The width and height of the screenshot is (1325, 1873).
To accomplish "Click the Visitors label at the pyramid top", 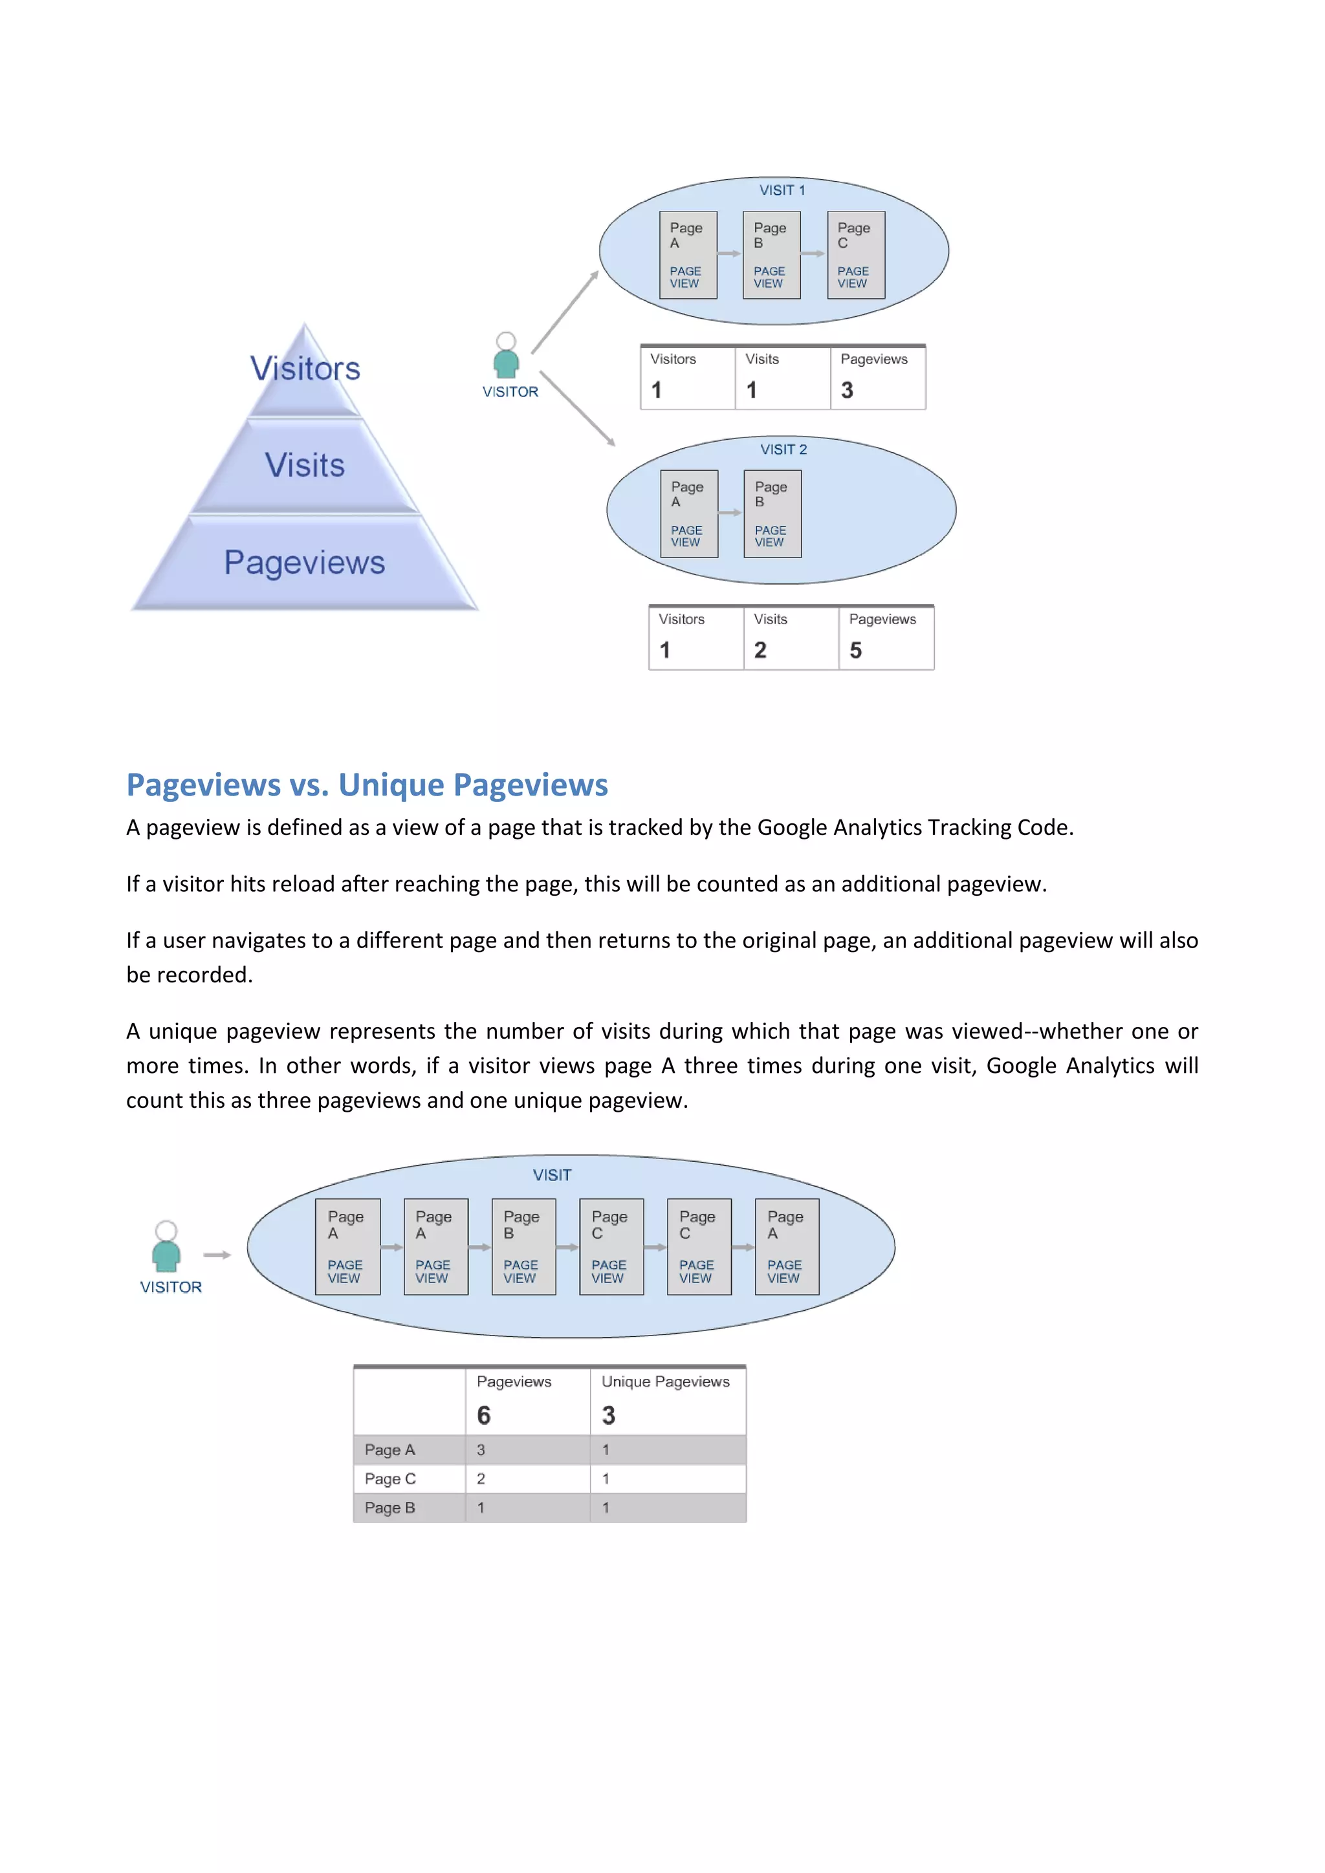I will pos(305,369).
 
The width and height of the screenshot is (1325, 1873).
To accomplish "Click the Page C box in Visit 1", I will pos(855,255).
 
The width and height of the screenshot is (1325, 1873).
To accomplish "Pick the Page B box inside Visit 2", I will pos(772,514).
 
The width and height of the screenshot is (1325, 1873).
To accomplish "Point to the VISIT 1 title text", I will pos(782,190).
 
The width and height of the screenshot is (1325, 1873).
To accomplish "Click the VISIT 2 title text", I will pos(783,449).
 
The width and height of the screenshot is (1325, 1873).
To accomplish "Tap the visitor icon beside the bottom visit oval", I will pos(166,1248).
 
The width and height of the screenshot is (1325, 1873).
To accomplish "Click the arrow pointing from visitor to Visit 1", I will pos(565,312).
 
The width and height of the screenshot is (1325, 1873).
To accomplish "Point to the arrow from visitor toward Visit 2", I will pos(578,408).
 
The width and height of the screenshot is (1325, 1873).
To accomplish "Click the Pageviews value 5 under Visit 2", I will pos(855,650).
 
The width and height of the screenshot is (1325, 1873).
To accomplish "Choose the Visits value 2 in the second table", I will pos(760,650).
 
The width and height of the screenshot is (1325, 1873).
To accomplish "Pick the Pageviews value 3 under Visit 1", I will pos(847,391).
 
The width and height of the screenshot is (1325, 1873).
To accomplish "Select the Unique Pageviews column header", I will pos(665,1381).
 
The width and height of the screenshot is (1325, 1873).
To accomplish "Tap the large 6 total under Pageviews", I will pos(484,1415).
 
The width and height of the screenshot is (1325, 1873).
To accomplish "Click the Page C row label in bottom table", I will pos(390,1478).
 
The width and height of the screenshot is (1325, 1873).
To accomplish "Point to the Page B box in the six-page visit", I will pos(523,1246).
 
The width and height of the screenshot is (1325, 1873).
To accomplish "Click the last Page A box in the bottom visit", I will pos(787,1246).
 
